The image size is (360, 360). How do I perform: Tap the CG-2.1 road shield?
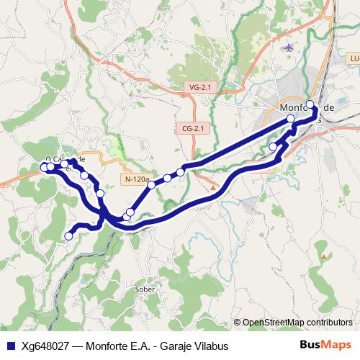coord(193,128)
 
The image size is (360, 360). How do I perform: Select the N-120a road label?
coord(137,179)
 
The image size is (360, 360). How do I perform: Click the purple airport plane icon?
coord(289,48)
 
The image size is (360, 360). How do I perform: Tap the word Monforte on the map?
coord(297,108)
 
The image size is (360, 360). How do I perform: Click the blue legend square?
coord(10,346)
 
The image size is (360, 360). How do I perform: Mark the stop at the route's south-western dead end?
coord(70,235)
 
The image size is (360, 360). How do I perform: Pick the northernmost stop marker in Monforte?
coord(310,104)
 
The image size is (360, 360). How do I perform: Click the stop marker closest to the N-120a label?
coord(151,185)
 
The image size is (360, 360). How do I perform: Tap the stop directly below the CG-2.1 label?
coord(180,172)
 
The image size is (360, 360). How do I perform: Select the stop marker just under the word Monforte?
coord(291,119)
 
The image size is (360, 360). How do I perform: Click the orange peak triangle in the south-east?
coord(325,256)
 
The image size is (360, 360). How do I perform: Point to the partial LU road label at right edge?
coord(352,58)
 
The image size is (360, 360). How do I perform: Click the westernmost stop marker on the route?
coord(44,167)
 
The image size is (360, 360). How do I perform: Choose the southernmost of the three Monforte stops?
coord(273,147)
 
